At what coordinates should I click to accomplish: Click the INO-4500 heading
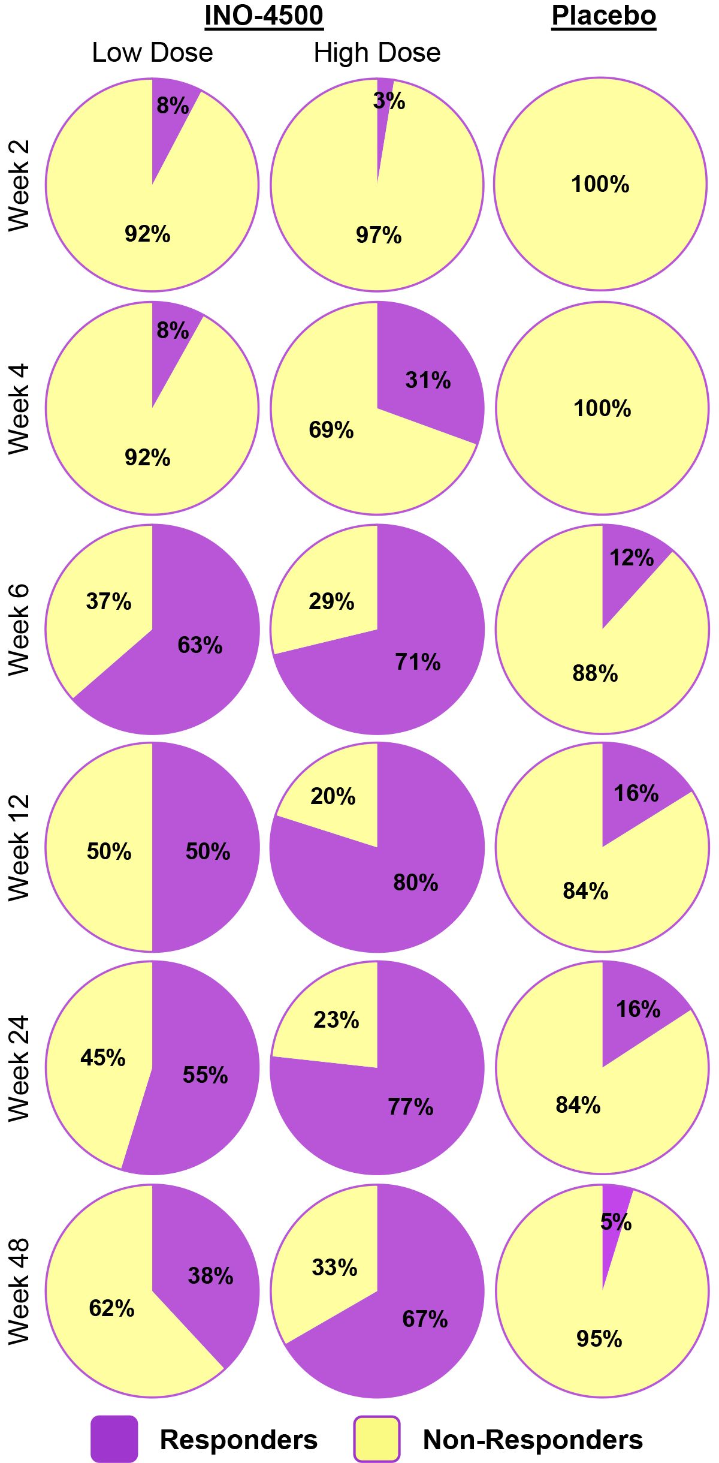(264, 16)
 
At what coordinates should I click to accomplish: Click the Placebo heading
(603, 16)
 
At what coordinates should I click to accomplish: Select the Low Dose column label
(152, 53)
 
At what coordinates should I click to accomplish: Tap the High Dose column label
(377, 53)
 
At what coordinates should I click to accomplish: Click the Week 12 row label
(19, 847)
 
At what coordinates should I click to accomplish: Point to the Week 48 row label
(19, 1291)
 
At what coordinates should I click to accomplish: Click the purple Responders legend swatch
(114, 1438)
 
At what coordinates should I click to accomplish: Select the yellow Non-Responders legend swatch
(377, 1438)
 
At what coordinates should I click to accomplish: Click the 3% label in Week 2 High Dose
(389, 101)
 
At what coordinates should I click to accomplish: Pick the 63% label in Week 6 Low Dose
(200, 645)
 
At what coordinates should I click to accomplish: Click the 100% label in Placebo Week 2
(600, 184)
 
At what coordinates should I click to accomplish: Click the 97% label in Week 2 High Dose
(379, 235)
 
